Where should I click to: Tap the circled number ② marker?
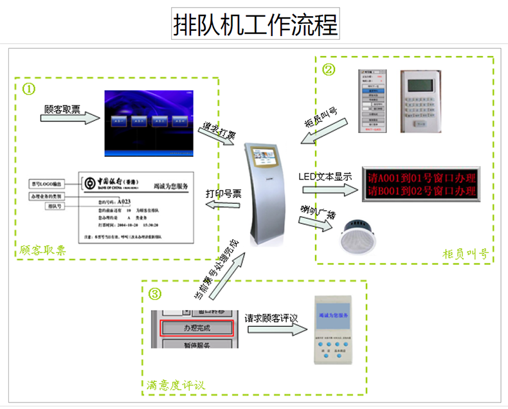point(329,68)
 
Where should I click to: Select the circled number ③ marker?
point(155,295)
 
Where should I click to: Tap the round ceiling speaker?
point(361,234)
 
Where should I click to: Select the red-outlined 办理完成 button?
point(195,328)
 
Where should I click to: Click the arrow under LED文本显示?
point(328,189)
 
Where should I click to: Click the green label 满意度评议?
point(175,385)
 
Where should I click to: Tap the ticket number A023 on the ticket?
point(134,201)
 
